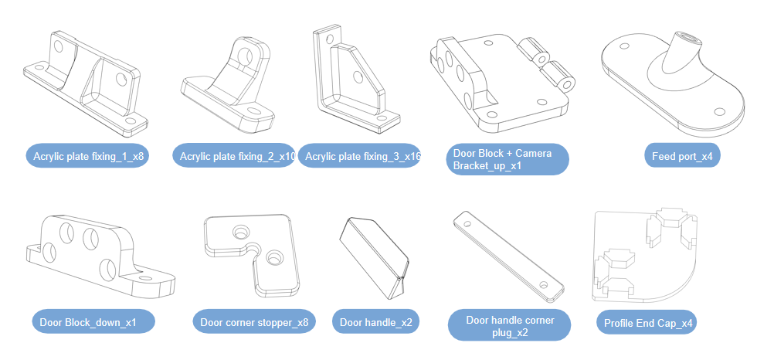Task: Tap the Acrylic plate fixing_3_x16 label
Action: (x=359, y=157)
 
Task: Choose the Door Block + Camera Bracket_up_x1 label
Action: (x=508, y=159)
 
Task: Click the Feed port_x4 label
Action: (x=682, y=157)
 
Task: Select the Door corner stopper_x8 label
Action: (x=253, y=322)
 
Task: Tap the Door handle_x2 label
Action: (x=375, y=322)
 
